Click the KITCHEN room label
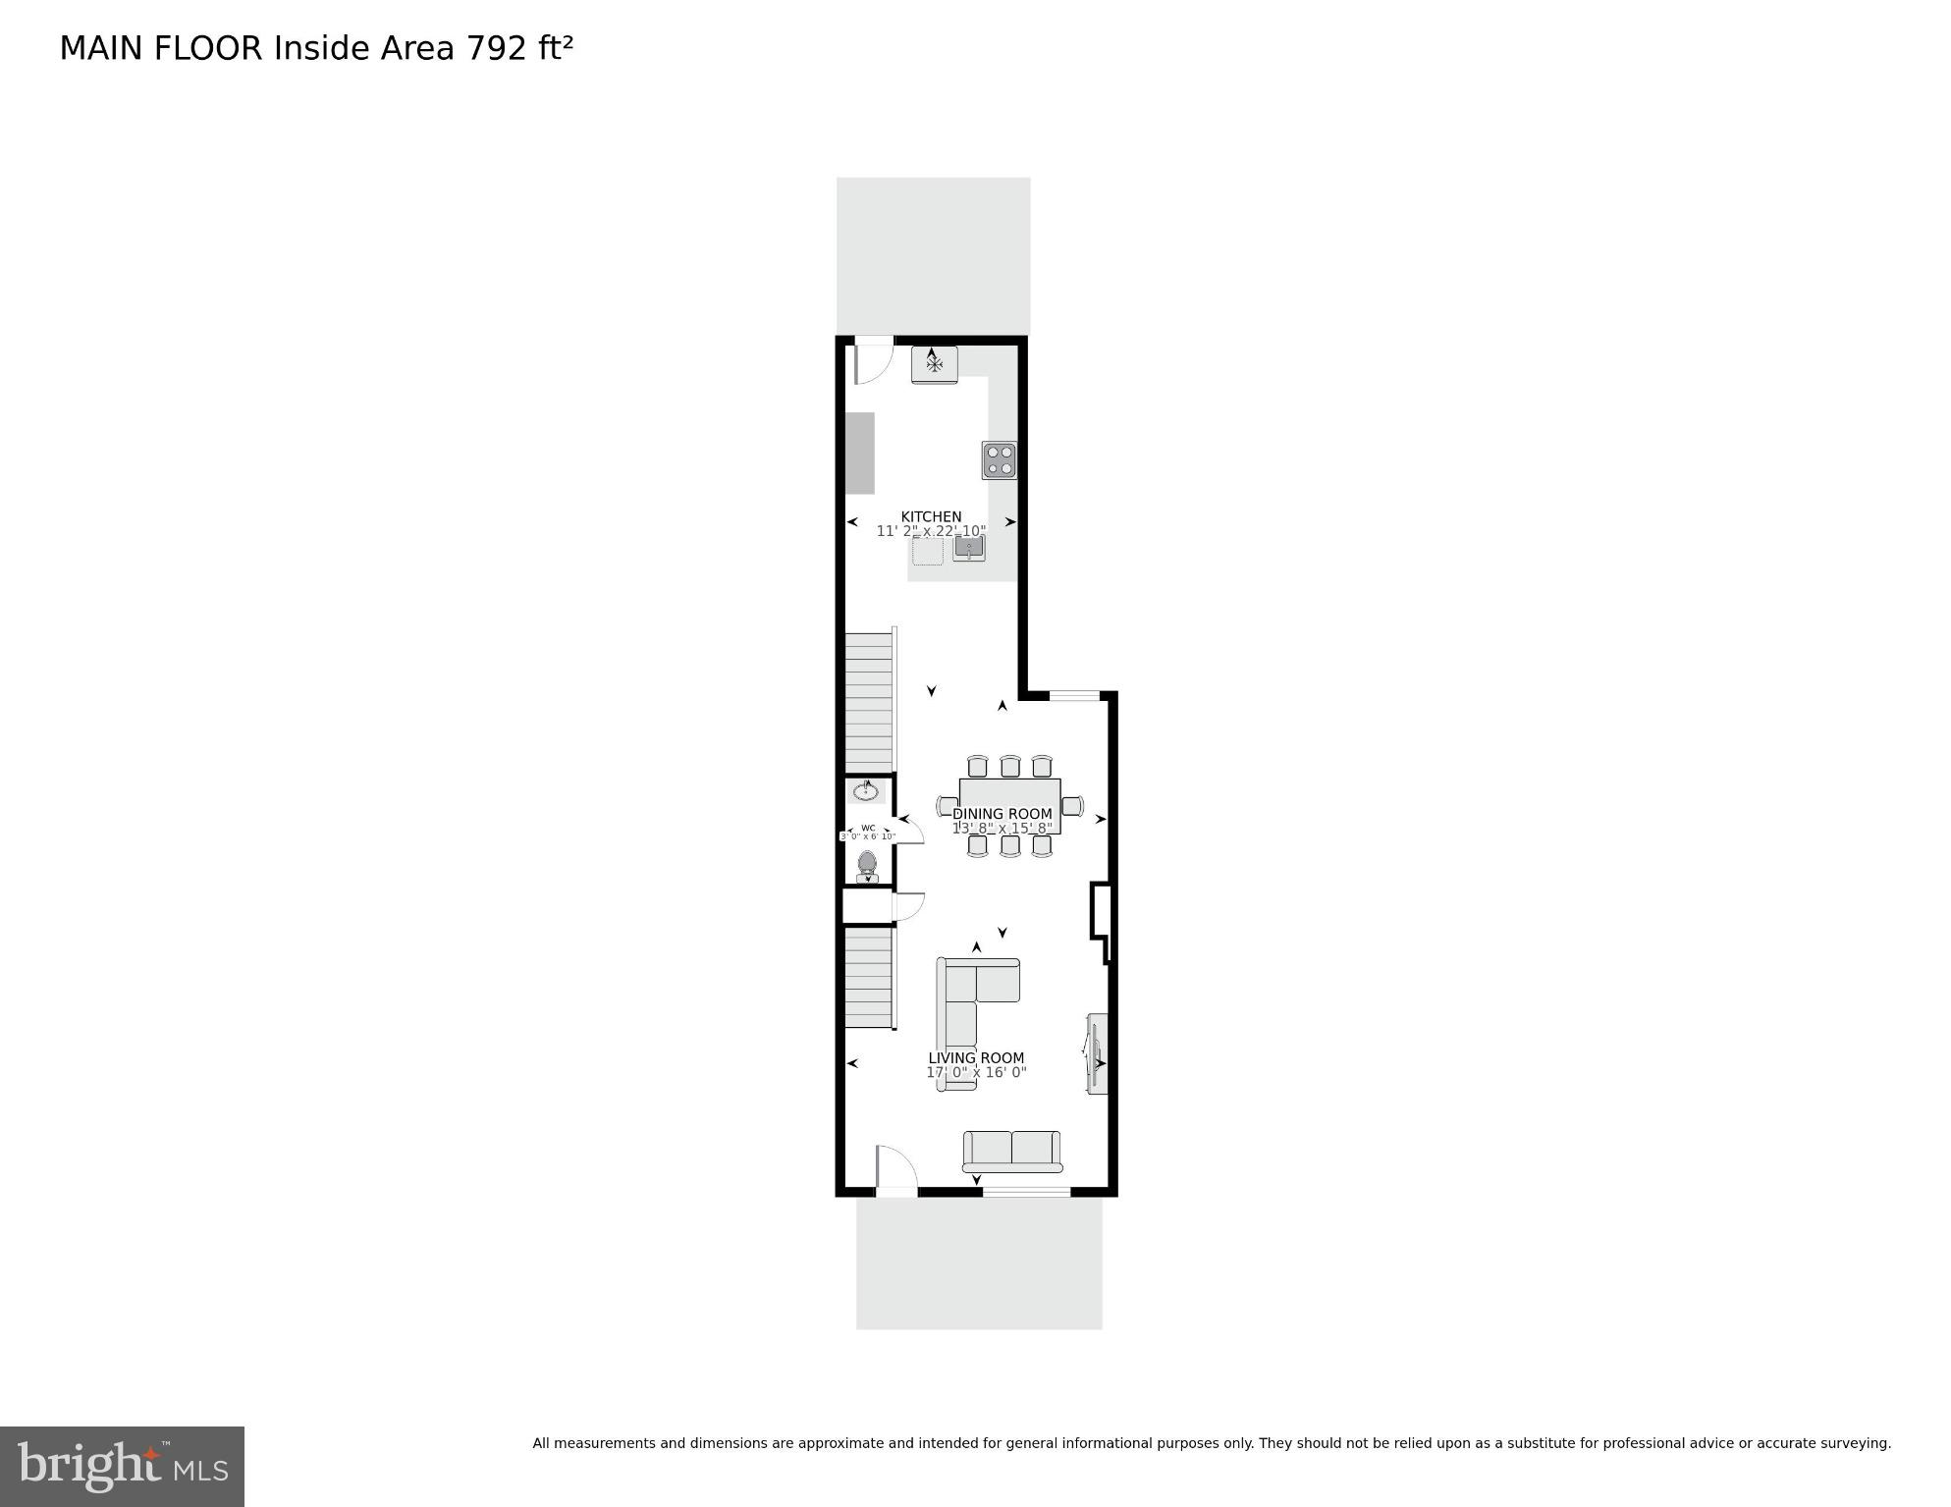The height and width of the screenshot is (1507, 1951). click(931, 516)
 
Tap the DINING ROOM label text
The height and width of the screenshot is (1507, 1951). click(1002, 814)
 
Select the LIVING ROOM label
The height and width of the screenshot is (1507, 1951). click(976, 1058)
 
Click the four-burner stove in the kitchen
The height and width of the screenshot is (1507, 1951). click(1000, 459)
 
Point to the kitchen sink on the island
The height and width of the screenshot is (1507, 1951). click(968, 549)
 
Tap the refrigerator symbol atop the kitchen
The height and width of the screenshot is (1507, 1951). click(934, 364)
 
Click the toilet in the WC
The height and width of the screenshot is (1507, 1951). click(867, 865)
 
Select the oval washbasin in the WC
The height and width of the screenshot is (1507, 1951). click(866, 791)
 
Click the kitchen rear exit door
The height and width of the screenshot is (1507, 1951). click(873, 360)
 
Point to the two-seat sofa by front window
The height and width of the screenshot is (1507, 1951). click(1011, 1151)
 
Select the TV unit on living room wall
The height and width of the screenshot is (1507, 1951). click(1097, 1053)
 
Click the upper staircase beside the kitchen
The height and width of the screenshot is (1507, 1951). click(869, 702)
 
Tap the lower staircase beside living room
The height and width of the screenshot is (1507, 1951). click(869, 978)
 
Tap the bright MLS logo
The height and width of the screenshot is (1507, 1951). click(122, 1467)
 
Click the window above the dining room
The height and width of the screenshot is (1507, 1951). click(1074, 696)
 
